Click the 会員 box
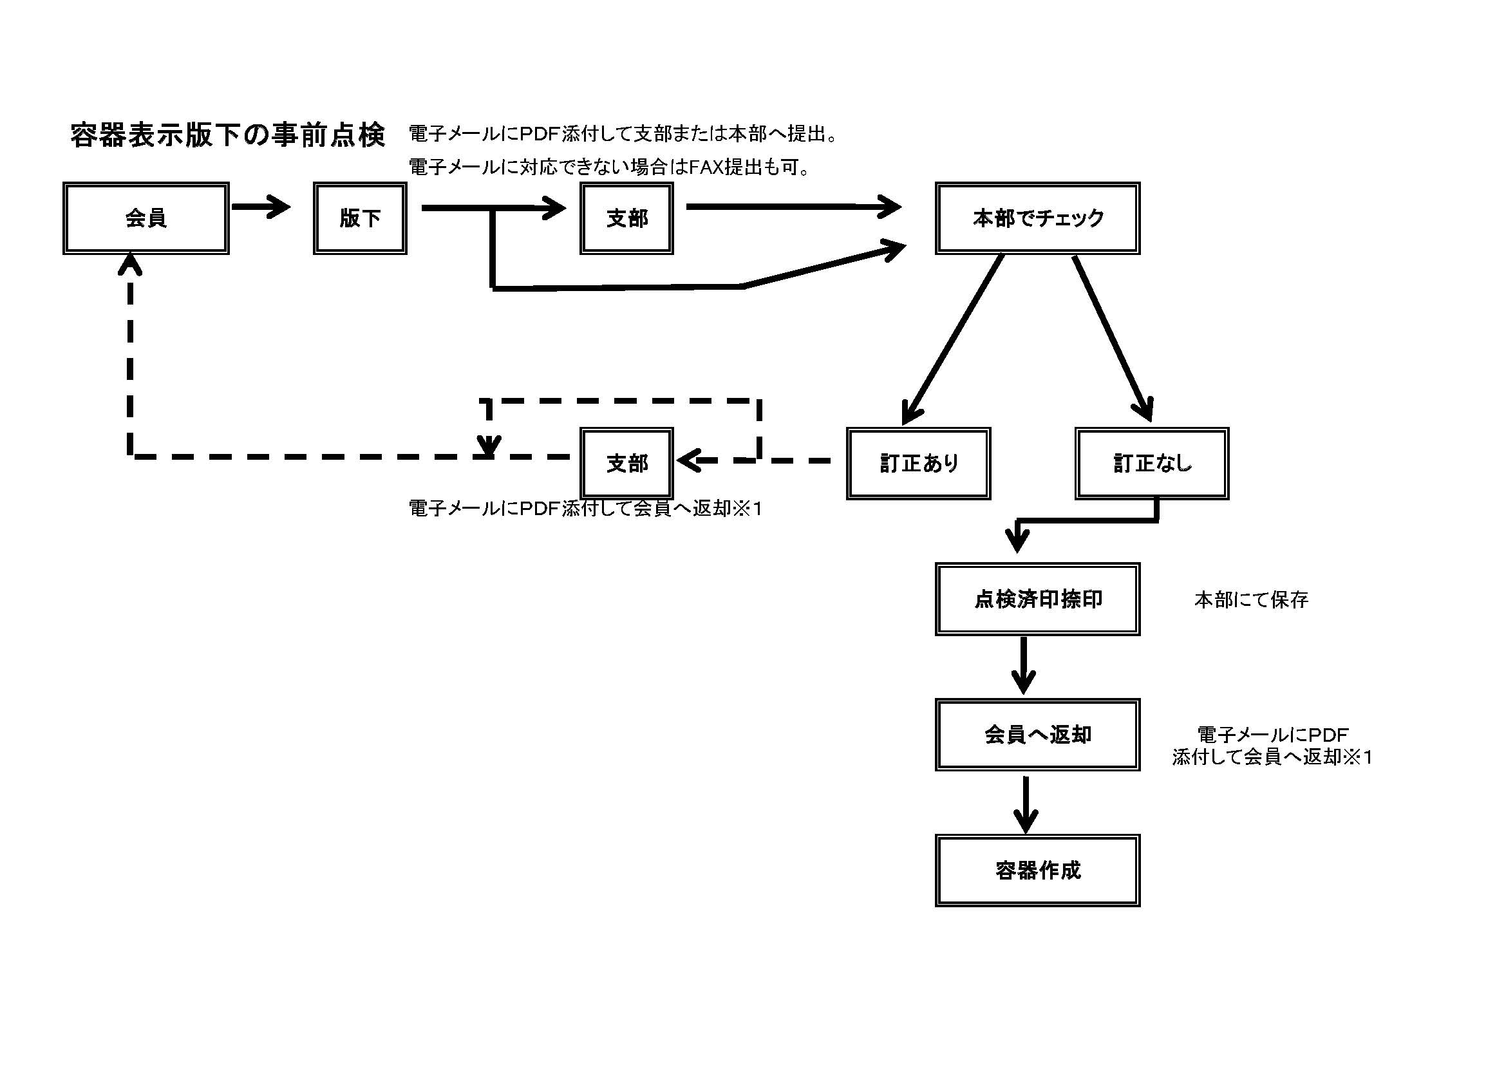[x=146, y=218]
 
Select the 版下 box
[x=359, y=218]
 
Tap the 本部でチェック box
[x=1037, y=218]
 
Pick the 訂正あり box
[x=918, y=464]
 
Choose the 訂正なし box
[x=1152, y=464]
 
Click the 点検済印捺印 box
[x=1037, y=599]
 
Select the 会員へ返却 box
[x=1037, y=735]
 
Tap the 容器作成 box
[x=1037, y=871]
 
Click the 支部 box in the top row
[x=626, y=218]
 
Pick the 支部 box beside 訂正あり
[x=626, y=464]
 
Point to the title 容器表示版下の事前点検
[x=227, y=135]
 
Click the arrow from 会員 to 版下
[x=260, y=207]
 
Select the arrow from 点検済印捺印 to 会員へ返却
[x=1023, y=665]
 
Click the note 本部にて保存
[x=1251, y=599]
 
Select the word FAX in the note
[x=706, y=168]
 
